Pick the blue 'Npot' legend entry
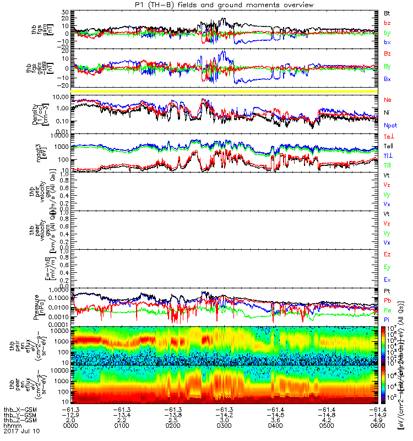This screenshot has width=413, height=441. pyautogui.click(x=389, y=126)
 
